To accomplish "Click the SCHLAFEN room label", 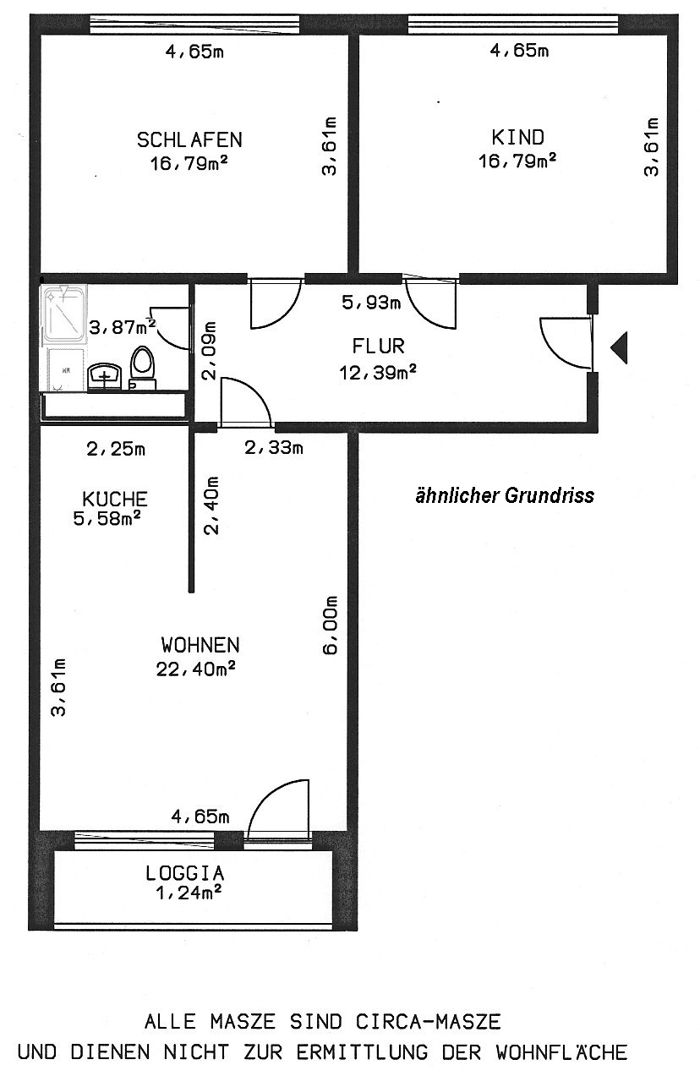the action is tap(189, 139).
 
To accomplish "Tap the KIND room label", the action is tap(517, 138).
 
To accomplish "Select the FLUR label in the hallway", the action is tap(378, 346).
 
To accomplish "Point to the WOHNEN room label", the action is tap(200, 645).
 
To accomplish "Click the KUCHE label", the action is tap(115, 499).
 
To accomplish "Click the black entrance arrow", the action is tap(619, 347).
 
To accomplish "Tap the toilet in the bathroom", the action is tap(142, 368).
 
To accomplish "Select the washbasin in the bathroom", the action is tap(104, 375).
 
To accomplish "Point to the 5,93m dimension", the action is tap(371, 303).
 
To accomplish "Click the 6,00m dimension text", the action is tap(330, 625).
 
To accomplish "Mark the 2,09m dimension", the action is tap(210, 351).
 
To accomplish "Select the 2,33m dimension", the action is tap(273, 448).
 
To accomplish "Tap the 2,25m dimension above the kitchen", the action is tap(116, 449).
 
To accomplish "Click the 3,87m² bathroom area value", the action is tap(123, 327).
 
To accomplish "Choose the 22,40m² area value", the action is tap(195, 669).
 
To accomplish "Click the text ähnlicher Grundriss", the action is tap(505, 495).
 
